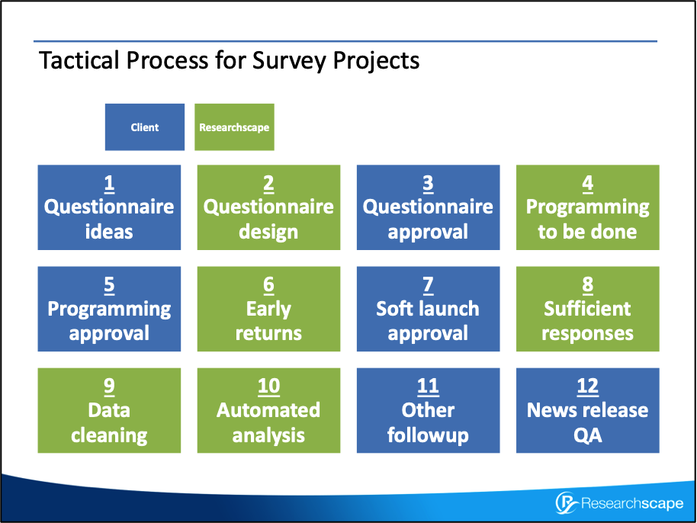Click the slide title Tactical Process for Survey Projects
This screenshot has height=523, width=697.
(229, 59)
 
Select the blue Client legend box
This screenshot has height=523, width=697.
(145, 127)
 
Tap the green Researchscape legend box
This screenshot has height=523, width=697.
(234, 127)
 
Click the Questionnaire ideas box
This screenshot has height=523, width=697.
(109, 207)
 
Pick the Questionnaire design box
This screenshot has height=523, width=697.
(268, 207)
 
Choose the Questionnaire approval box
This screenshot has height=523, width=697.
(428, 207)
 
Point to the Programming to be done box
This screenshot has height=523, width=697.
(587, 207)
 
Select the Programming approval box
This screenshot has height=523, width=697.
(109, 309)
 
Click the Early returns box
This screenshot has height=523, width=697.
(268, 309)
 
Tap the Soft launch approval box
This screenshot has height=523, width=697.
(428, 309)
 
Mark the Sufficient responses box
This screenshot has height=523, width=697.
(587, 309)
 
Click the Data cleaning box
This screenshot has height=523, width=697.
(109, 410)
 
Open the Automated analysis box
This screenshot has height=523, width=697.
(268, 410)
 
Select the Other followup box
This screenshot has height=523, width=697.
(428, 410)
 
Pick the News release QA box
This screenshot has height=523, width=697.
(587, 410)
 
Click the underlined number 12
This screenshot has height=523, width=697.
(587, 387)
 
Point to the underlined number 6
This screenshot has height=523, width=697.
(268, 285)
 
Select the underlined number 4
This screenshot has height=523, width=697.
(587, 184)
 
